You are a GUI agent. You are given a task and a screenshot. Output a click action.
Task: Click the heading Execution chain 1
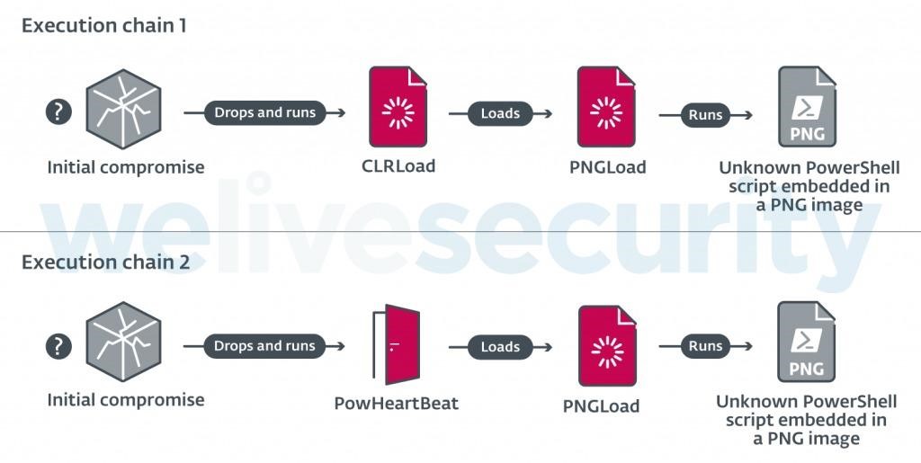pyautogui.click(x=104, y=25)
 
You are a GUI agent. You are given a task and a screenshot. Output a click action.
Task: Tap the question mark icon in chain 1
pyautogui.click(x=58, y=111)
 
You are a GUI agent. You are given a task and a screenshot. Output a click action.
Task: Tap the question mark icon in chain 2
pyautogui.click(x=58, y=346)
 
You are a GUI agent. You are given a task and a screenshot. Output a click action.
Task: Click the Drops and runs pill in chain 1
pyautogui.click(x=264, y=112)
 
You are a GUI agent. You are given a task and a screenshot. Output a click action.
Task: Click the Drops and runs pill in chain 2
pyautogui.click(x=264, y=346)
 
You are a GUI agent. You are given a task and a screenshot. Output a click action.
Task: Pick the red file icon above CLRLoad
pyautogui.click(x=398, y=107)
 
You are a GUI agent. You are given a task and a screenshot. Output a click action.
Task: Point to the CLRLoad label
pyautogui.click(x=398, y=165)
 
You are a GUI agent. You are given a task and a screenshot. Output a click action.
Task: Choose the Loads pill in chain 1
pyautogui.click(x=500, y=113)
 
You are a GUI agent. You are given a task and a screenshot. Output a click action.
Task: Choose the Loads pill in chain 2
pyautogui.click(x=500, y=347)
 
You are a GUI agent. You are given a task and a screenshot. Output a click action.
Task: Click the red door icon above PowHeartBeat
pyautogui.click(x=397, y=345)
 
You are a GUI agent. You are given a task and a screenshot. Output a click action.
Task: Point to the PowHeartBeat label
pyautogui.click(x=396, y=403)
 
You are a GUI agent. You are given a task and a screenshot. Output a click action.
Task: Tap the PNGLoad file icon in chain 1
pyautogui.click(x=606, y=108)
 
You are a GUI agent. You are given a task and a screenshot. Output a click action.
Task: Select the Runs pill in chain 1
pyautogui.click(x=704, y=114)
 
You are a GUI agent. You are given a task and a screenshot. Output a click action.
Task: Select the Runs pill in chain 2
pyautogui.click(x=704, y=346)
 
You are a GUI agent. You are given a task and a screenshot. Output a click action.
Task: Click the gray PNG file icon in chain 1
pyautogui.click(x=807, y=107)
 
